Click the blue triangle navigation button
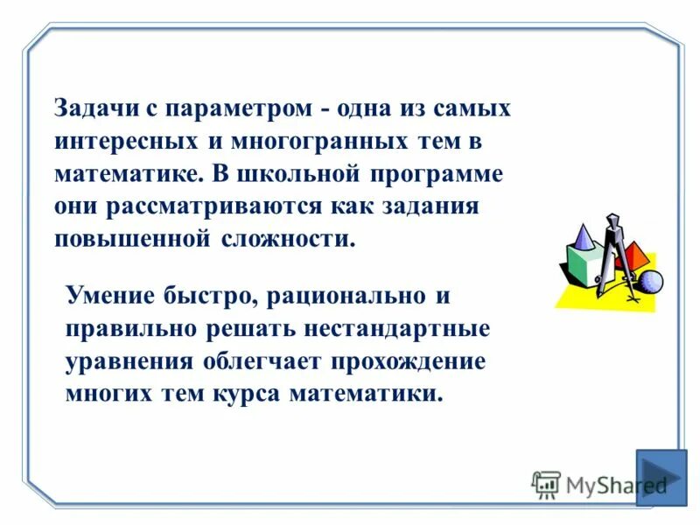click(661, 477)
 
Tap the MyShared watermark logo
click(599, 484)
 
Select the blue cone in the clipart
click(581, 235)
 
